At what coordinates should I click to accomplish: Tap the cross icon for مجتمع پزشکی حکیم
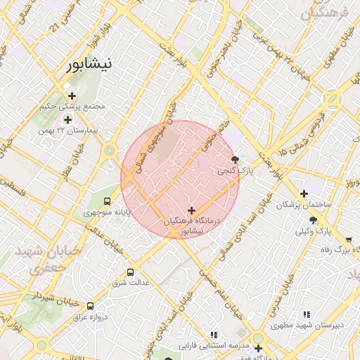(72, 96)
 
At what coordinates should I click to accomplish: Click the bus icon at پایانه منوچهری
(107, 201)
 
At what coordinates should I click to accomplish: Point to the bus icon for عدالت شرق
(130, 272)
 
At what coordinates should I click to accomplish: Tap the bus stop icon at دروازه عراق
(90, 306)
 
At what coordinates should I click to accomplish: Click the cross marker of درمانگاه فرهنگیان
(192, 210)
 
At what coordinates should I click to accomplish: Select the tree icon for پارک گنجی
(235, 160)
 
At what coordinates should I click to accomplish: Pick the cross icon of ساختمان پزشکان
(304, 193)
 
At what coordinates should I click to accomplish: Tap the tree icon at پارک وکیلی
(313, 220)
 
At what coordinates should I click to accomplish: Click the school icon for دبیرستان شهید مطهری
(306, 314)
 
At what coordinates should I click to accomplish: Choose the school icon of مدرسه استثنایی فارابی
(214, 335)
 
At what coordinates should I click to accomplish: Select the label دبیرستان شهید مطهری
(306, 326)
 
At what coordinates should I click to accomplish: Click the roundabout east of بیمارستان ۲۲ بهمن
(109, 150)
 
